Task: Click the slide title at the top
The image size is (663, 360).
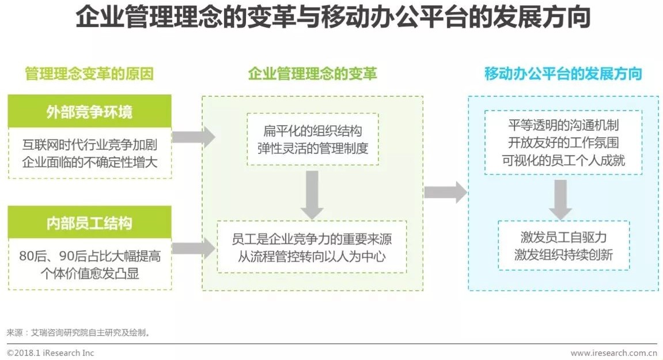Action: point(332,18)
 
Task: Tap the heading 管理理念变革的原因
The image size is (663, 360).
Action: point(89,74)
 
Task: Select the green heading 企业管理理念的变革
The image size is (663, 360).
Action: point(312,74)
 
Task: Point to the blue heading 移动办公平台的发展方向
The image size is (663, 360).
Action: point(563,74)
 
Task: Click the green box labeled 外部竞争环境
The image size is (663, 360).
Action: point(89,111)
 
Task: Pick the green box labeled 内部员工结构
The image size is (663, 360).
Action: point(89,223)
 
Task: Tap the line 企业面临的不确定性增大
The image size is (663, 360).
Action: point(89,162)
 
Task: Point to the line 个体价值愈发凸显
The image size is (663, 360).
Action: point(89,273)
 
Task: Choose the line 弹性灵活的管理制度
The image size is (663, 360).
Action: point(312,148)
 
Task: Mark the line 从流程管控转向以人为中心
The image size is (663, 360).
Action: point(312,256)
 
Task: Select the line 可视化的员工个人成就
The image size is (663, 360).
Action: point(563,160)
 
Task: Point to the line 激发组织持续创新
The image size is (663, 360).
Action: point(563,255)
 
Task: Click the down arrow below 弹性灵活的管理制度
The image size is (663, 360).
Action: point(312,195)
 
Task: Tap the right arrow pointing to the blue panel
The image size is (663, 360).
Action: point(445,192)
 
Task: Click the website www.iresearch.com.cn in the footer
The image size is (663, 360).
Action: point(613,353)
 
